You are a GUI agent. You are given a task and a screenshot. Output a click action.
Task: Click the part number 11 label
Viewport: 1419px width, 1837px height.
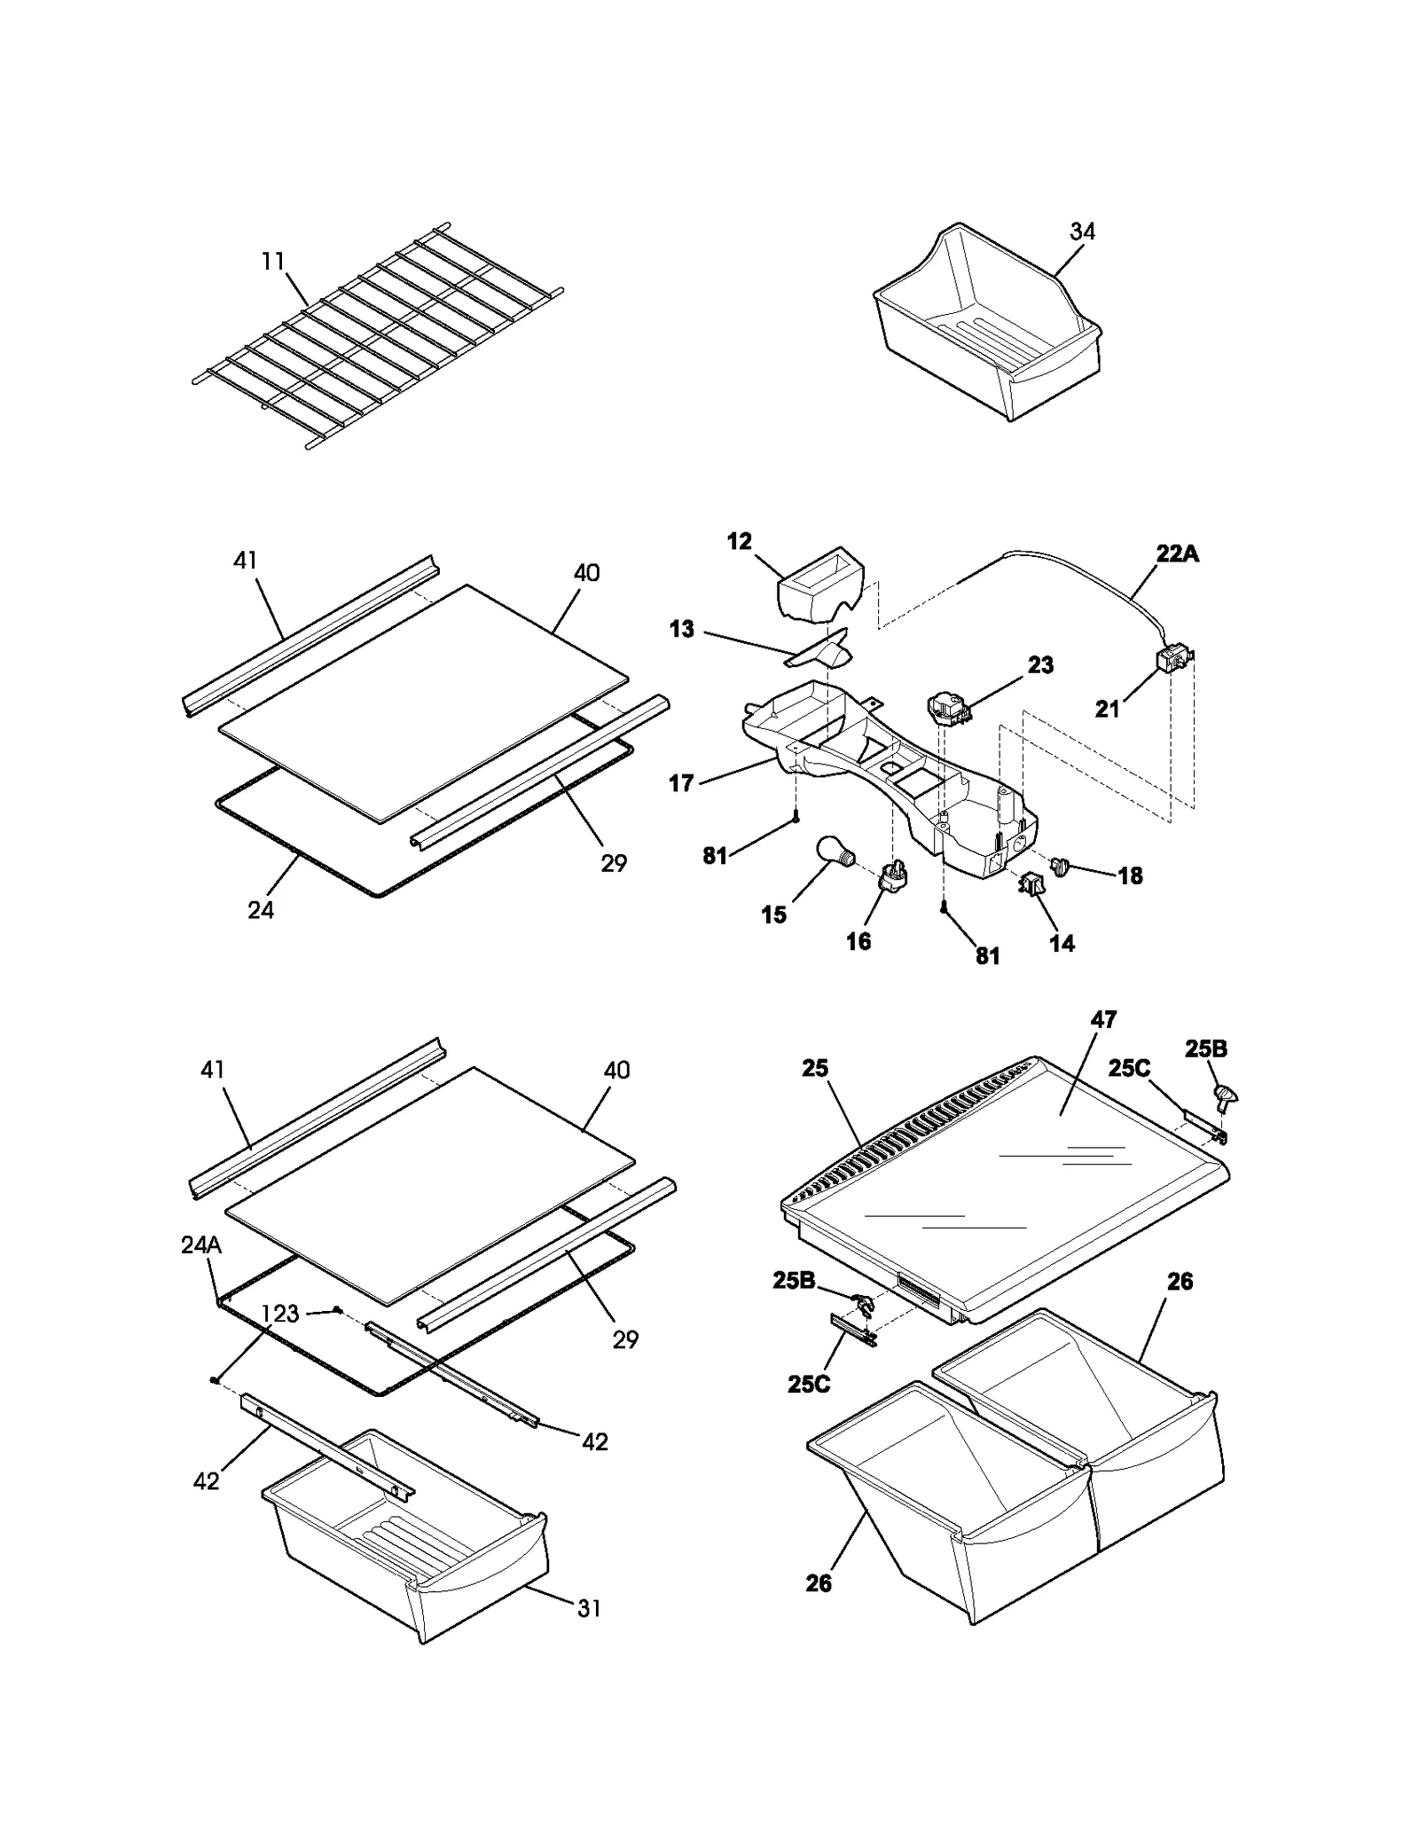point(272,262)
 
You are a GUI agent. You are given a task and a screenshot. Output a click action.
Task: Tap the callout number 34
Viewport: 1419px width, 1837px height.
point(1082,232)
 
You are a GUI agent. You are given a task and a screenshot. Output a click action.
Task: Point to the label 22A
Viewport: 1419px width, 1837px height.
point(1177,554)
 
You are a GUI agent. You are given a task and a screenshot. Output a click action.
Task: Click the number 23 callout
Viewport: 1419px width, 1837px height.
point(1040,665)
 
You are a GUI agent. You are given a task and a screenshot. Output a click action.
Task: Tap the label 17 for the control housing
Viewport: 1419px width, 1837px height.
point(681,783)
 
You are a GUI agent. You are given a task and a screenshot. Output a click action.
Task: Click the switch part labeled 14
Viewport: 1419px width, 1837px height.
point(1031,883)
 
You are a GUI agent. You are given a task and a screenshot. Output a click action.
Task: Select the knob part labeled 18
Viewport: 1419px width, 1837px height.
point(1060,865)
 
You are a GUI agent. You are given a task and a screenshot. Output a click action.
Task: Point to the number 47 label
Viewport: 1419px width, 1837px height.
point(1103,1020)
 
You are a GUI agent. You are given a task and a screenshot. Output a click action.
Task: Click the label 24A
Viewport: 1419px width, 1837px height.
point(201,1245)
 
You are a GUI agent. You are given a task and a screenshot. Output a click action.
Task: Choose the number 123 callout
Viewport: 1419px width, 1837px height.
point(280,1314)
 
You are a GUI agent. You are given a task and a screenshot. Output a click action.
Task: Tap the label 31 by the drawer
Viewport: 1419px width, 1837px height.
point(589,1607)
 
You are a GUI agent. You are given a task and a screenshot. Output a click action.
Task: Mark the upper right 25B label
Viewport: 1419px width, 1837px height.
point(1206,1049)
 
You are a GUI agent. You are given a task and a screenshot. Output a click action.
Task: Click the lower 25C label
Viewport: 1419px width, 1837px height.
point(809,1384)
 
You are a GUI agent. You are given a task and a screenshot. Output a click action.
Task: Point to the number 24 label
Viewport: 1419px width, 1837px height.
point(261,910)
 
